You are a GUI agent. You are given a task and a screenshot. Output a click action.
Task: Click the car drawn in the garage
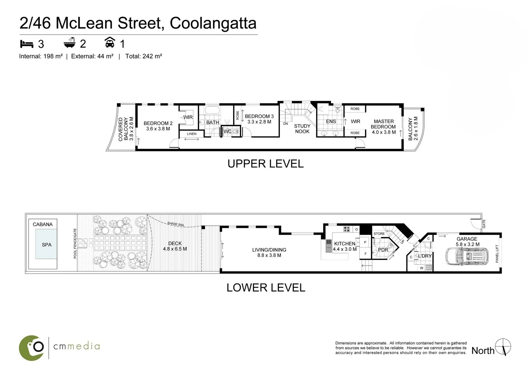(x=467, y=256)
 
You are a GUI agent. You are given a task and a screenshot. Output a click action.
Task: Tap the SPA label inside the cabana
(x=46, y=245)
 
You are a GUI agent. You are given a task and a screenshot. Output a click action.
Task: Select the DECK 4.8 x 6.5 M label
(x=175, y=246)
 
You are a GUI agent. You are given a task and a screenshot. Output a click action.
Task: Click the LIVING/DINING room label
(x=269, y=252)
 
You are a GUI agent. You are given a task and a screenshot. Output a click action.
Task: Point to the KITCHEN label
(x=344, y=246)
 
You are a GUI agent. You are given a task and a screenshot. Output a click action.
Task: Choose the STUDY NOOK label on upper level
(x=302, y=129)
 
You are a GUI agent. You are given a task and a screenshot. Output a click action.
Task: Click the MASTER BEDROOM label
(x=383, y=127)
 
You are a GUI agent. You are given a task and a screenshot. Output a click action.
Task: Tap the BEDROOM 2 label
(x=158, y=126)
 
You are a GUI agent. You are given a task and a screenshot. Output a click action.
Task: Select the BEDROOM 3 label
(x=259, y=119)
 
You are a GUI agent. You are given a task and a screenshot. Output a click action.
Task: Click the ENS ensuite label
(x=331, y=122)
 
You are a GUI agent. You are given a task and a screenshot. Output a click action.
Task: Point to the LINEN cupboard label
(x=191, y=134)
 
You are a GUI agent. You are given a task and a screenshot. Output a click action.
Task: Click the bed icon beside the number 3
(x=27, y=44)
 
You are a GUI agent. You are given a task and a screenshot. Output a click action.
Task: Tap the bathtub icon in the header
(x=70, y=43)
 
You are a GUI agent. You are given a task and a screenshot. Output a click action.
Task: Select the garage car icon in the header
(x=110, y=43)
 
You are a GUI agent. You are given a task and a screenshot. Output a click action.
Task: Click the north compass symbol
(x=503, y=347)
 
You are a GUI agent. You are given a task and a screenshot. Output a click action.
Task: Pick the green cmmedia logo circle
(x=31, y=348)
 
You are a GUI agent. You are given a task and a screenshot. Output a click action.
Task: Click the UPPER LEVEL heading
(x=265, y=164)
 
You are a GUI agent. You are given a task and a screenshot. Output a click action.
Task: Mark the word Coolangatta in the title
(x=213, y=23)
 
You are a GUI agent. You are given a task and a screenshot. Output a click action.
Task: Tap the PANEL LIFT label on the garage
(x=497, y=253)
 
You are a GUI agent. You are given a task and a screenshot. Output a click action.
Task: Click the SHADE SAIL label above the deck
(x=176, y=224)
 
